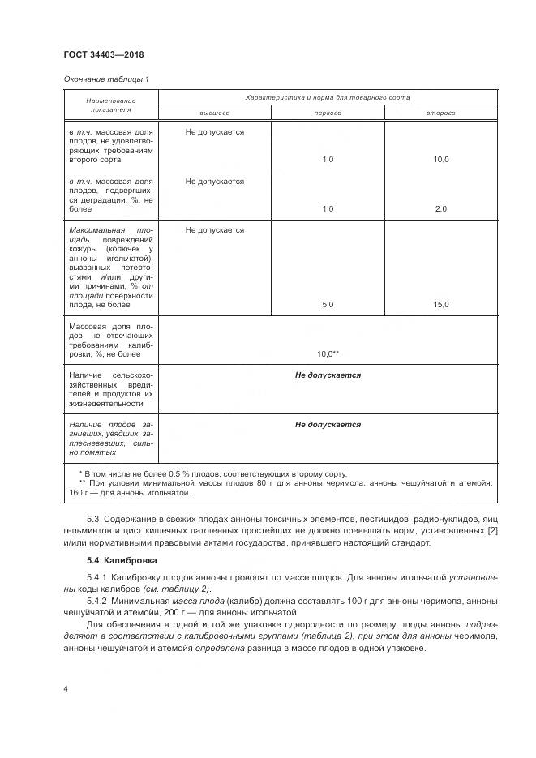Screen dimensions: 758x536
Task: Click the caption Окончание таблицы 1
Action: pyautogui.click(x=106, y=79)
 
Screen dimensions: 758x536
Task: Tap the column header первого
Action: pyautogui.click(x=328, y=113)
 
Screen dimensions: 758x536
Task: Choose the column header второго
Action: pyautogui.click(x=441, y=113)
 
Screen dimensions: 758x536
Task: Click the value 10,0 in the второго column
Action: pyautogui.click(x=441, y=160)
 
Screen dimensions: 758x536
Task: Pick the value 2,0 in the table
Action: pyautogui.click(x=441, y=209)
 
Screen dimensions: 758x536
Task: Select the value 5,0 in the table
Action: pyautogui.click(x=328, y=304)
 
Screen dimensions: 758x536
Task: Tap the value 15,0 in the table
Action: pyautogui.click(x=441, y=304)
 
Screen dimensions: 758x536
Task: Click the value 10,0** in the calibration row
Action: pyautogui.click(x=328, y=353)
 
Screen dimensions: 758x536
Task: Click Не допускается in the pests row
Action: pyautogui.click(x=328, y=375)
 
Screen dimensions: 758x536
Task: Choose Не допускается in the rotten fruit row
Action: pyautogui.click(x=328, y=424)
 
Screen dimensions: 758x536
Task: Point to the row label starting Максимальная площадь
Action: pyautogui.click(x=111, y=267)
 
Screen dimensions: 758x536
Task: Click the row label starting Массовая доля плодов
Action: pyautogui.click(x=111, y=339)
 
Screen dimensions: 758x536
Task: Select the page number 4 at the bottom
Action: pyautogui.click(x=65, y=688)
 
